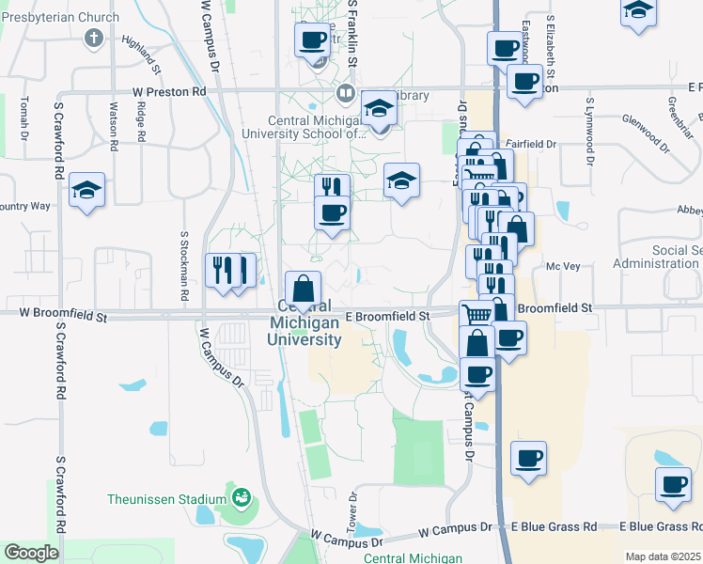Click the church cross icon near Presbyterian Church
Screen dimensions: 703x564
click(x=92, y=39)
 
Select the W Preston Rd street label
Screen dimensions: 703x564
click(x=169, y=92)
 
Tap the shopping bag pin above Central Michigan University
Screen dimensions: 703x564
click(x=303, y=290)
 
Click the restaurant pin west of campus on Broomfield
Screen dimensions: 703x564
click(x=224, y=270)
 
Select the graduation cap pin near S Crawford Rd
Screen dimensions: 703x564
click(x=86, y=190)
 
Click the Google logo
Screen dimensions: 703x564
click(x=31, y=553)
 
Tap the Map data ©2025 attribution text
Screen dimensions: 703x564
click(x=663, y=556)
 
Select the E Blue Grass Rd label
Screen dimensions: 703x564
click(x=555, y=527)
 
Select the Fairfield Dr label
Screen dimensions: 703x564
click(x=537, y=144)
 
